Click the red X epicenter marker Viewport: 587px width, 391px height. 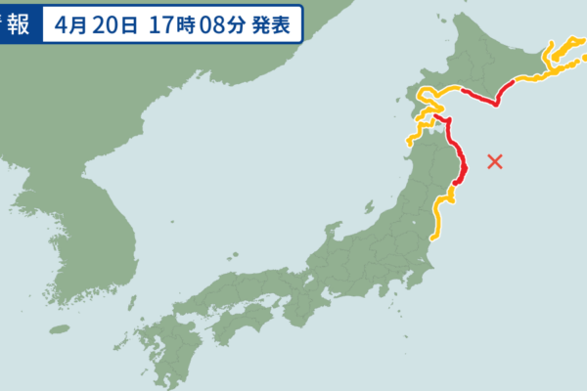click(x=495, y=161)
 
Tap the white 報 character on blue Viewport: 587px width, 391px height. click(x=19, y=22)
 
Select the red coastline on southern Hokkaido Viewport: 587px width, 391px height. click(x=484, y=99)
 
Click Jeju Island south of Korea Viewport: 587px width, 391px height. click(x=61, y=329)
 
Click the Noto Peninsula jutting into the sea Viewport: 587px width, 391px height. click(x=331, y=235)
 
